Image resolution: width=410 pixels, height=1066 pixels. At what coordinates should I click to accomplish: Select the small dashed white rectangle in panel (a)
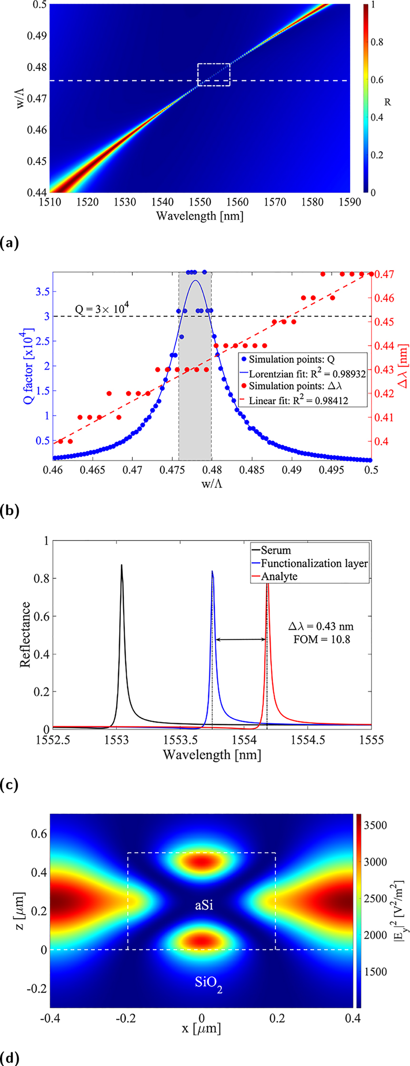[x=214, y=75]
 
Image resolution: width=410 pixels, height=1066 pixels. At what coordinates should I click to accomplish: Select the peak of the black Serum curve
[x=121, y=565]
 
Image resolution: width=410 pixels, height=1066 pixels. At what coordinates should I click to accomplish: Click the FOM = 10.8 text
[x=321, y=639]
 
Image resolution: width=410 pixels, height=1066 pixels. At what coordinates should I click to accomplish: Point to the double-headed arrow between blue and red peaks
[x=240, y=639]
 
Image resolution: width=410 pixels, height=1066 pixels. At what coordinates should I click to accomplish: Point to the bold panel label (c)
[x=9, y=784]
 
